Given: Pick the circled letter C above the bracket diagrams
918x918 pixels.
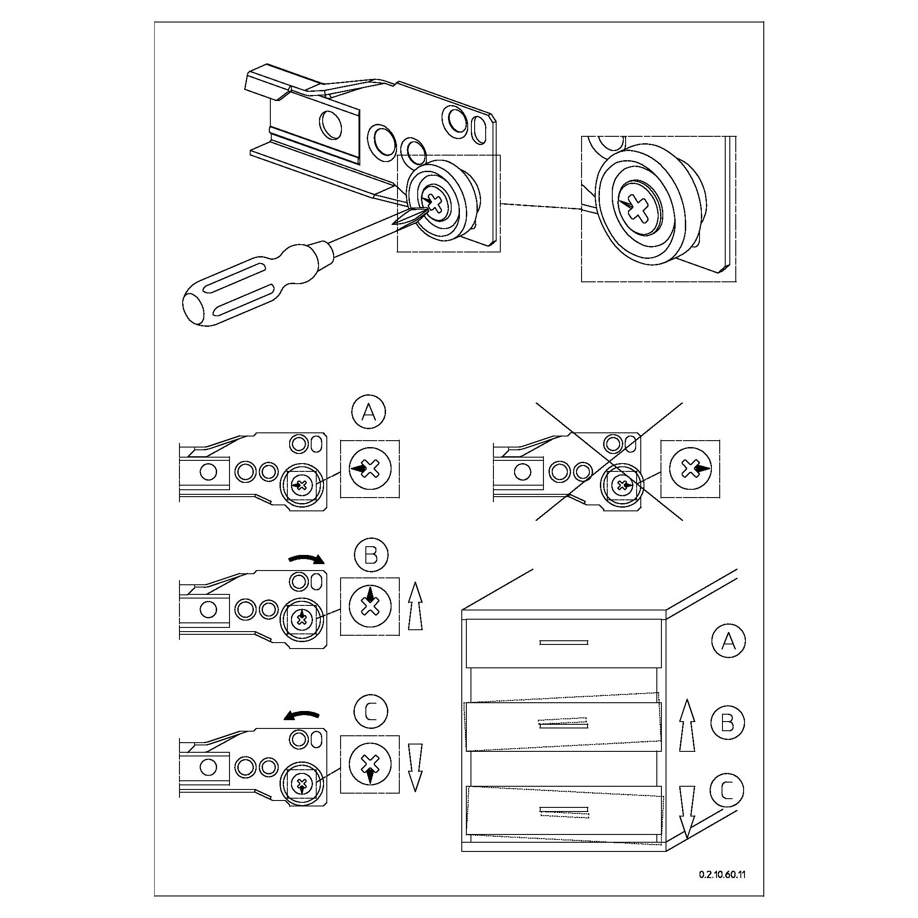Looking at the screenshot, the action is pyautogui.click(x=371, y=711).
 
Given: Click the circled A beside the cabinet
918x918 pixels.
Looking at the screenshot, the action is pyautogui.click(x=728, y=641).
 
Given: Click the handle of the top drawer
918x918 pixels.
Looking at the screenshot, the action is pyautogui.click(x=564, y=643).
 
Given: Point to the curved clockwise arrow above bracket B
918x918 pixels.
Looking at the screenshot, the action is pyautogui.click(x=307, y=559).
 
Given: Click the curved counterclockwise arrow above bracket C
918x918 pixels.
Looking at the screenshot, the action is pyautogui.click(x=302, y=716).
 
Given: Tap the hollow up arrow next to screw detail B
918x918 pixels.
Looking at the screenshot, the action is pyautogui.click(x=415, y=606).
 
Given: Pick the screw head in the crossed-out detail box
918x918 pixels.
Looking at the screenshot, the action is pyautogui.click(x=690, y=469).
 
